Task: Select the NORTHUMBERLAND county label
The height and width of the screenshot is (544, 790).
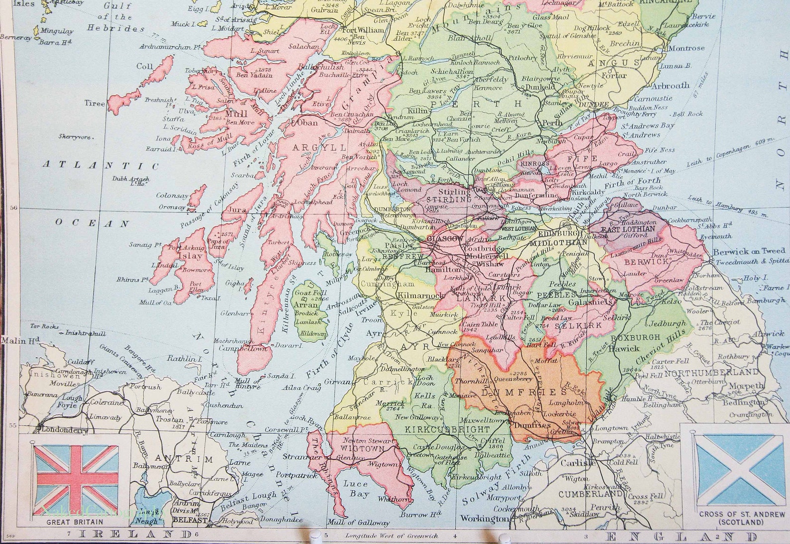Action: (x=712, y=372)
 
